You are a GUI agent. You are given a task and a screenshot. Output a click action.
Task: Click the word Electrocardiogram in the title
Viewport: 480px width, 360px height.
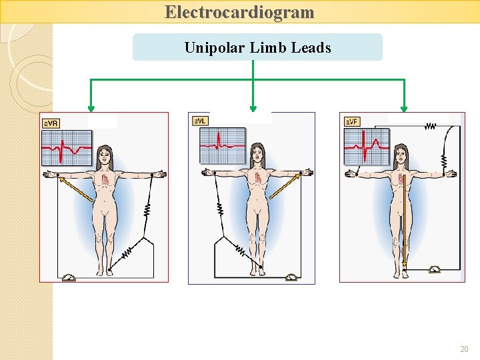pos(239,12)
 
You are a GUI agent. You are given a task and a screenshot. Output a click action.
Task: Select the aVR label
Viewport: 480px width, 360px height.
pos(51,123)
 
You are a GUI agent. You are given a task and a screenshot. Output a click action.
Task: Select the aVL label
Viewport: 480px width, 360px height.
pos(200,121)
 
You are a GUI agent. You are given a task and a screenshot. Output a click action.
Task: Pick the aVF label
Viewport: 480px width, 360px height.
pos(352,121)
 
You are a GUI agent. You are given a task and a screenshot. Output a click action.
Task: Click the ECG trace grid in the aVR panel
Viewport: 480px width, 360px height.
pos(67,147)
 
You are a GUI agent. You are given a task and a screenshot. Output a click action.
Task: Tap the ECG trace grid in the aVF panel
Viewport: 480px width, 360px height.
pos(367,147)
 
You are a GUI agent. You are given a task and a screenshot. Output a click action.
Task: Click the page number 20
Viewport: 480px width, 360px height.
pos(464,349)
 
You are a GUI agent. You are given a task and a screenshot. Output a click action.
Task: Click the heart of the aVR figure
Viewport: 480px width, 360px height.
pos(105,179)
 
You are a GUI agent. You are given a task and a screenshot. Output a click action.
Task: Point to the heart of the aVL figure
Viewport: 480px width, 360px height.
pos(259,177)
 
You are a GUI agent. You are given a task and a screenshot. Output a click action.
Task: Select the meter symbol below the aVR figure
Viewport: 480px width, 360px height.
pos(69,277)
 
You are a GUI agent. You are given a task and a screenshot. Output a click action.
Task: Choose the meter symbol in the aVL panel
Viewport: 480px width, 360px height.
pos(291,277)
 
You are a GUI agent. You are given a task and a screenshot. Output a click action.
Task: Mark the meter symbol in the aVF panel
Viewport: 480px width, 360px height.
pos(435,269)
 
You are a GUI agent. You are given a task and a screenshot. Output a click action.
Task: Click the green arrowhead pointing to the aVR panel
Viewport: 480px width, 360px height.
pos(91,108)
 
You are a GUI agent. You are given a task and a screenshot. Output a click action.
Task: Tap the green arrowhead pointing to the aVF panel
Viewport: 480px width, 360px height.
pos(404,108)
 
